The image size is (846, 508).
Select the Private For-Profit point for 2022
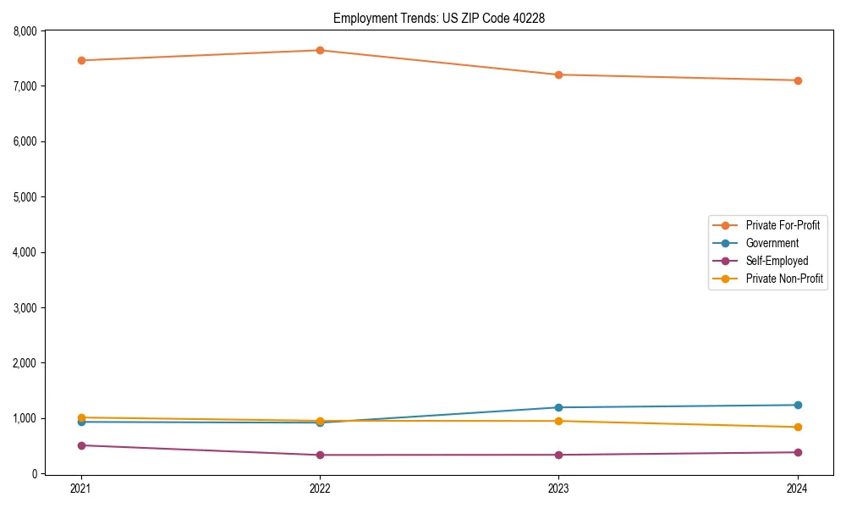[320, 50]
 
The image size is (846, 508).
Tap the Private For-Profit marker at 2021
[81, 60]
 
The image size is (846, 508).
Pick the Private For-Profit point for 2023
[558, 75]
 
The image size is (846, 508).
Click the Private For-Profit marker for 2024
[798, 80]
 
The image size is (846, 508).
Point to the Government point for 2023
[558, 407]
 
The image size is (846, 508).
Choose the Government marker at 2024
[798, 405]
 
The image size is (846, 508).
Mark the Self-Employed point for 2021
[81, 445]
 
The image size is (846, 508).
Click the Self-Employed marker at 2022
[320, 455]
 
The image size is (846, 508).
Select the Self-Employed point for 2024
[798, 452]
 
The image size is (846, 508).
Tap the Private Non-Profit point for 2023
[558, 421]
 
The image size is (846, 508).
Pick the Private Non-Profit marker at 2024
[798, 427]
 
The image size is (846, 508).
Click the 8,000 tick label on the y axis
[25, 31]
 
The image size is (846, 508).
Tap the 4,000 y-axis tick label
[25, 252]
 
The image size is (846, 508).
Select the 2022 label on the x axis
[320, 489]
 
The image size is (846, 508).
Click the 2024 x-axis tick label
[798, 489]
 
